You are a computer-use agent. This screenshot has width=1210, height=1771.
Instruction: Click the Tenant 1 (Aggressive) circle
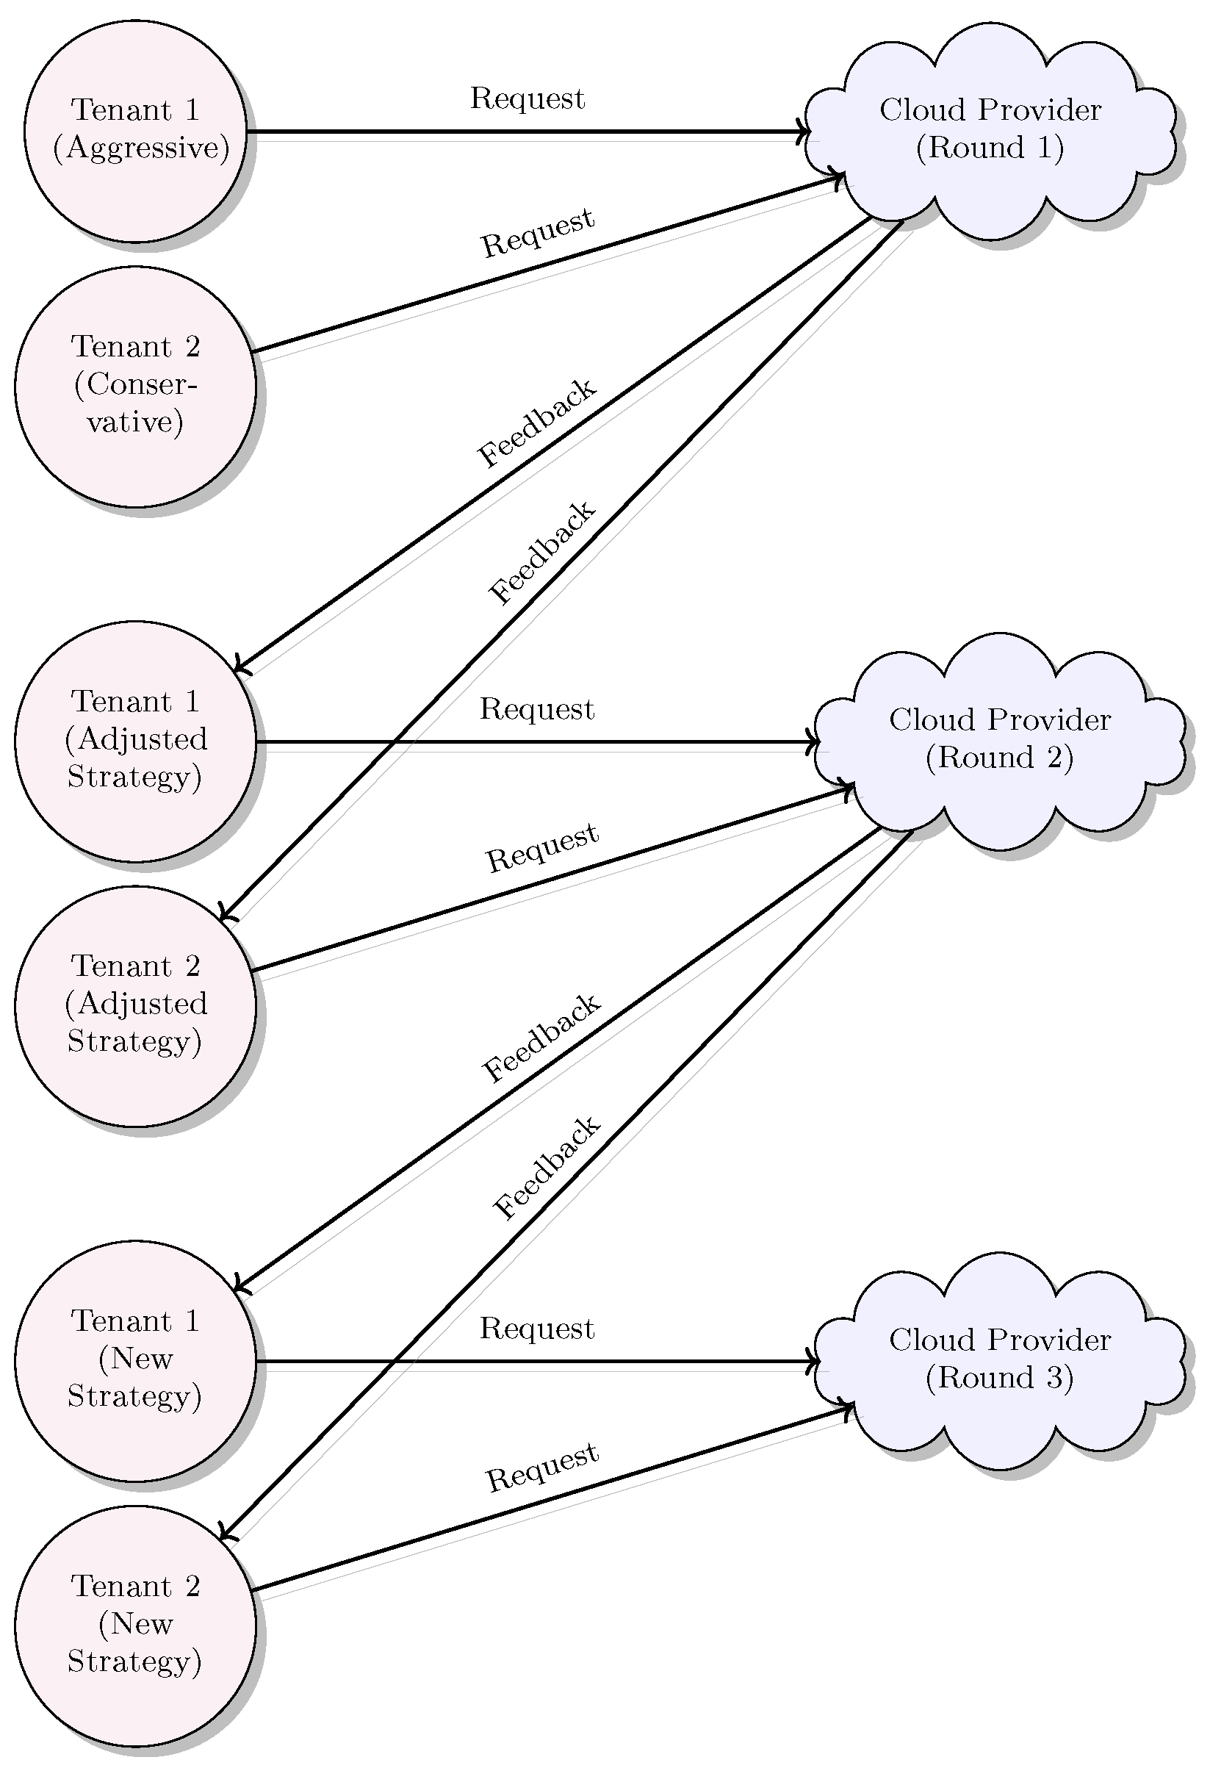[x=135, y=131]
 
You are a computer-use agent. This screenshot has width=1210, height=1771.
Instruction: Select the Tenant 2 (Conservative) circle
[x=135, y=386]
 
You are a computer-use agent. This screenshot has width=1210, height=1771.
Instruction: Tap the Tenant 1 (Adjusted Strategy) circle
[x=135, y=741]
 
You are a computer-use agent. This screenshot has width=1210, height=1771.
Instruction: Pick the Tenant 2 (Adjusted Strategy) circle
[x=135, y=1005]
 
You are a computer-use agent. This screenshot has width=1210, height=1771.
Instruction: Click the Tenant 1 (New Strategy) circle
[x=135, y=1360]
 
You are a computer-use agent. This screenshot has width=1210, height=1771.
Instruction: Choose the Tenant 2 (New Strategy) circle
[x=135, y=1625]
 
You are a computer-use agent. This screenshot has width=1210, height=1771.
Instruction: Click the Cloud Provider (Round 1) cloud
[x=990, y=129]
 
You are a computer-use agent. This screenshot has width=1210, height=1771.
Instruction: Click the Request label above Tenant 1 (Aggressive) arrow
[x=527, y=99]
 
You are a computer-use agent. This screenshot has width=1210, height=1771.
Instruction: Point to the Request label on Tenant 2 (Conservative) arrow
[x=537, y=232]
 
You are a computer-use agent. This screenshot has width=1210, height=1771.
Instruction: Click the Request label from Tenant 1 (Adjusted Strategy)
[x=536, y=709]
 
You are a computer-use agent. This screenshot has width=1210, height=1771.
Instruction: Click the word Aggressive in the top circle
[x=142, y=148]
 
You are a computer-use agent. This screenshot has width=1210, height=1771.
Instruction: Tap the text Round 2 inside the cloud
[x=1000, y=758]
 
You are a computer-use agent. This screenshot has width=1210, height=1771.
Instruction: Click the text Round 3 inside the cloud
[x=1000, y=1378]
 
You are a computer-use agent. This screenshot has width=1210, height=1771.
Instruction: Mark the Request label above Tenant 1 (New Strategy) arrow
[x=536, y=1329]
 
